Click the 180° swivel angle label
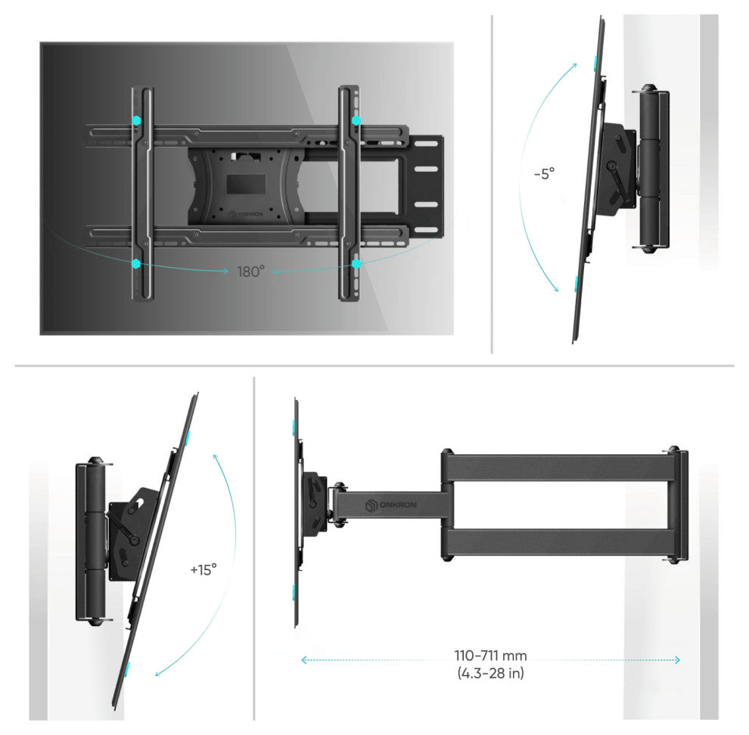pyautogui.click(x=250, y=271)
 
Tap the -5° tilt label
pyautogui.click(x=545, y=173)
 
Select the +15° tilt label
pyautogui.click(x=204, y=569)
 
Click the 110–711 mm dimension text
pyautogui.click(x=490, y=656)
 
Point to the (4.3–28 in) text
pyautogui.click(x=490, y=673)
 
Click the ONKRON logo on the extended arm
pyautogui.click(x=391, y=505)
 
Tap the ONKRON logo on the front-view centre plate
pyautogui.click(x=246, y=214)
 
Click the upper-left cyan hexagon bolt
pyautogui.click(x=137, y=120)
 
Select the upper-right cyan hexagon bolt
pyautogui.click(x=356, y=120)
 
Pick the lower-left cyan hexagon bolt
pyautogui.click(x=136, y=263)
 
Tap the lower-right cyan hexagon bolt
pyautogui.click(x=356, y=264)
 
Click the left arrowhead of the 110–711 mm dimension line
pyautogui.click(x=304, y=660)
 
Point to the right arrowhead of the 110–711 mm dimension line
pyautogui.click(x=677, y=660)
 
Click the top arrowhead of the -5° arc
pyautogui.click(x=575, y=66)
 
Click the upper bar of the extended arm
pyautogui.click(x=560, y=467)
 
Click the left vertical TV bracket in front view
pyautogui.click(x=143, y=194)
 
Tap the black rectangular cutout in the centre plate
pyautogui.click(x=246, y=184)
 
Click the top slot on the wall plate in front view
pyautogui.click(x=426, y=143)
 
